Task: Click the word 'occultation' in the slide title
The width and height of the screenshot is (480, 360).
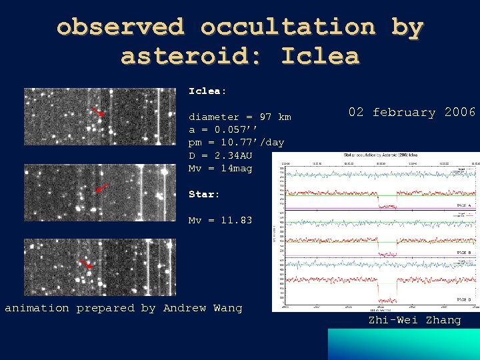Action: pyautogui.click(x=287, y=27)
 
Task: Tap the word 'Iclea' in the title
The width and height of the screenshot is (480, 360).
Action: pyautogui.click(x=320, y=56)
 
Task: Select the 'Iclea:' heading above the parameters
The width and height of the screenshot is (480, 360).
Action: pyautogui.click(x=207, y=91)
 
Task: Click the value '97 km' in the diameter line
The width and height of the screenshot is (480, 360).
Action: pyautogui.click(x=275, y=117)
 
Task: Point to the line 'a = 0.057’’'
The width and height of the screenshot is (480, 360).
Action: pyautogui.click(x=221, y=129)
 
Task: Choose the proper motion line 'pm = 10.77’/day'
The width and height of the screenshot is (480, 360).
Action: pyautogui.click(x=236, y=142)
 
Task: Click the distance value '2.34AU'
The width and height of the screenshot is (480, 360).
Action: pyautogui.click(x=235, y=155)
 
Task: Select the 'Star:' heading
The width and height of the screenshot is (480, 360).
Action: pyautogui.click(x=204, y=194)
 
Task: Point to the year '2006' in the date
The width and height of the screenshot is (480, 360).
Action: pyautogui.click(x=460, y=112)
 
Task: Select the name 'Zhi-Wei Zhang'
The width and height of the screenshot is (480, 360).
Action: pyautogui.click(x=415, y=320)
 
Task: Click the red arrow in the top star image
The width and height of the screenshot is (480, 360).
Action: pyautogui.click(x=97, y=112)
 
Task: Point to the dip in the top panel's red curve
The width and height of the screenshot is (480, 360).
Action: pyautogui.click(x=387, y=205)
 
